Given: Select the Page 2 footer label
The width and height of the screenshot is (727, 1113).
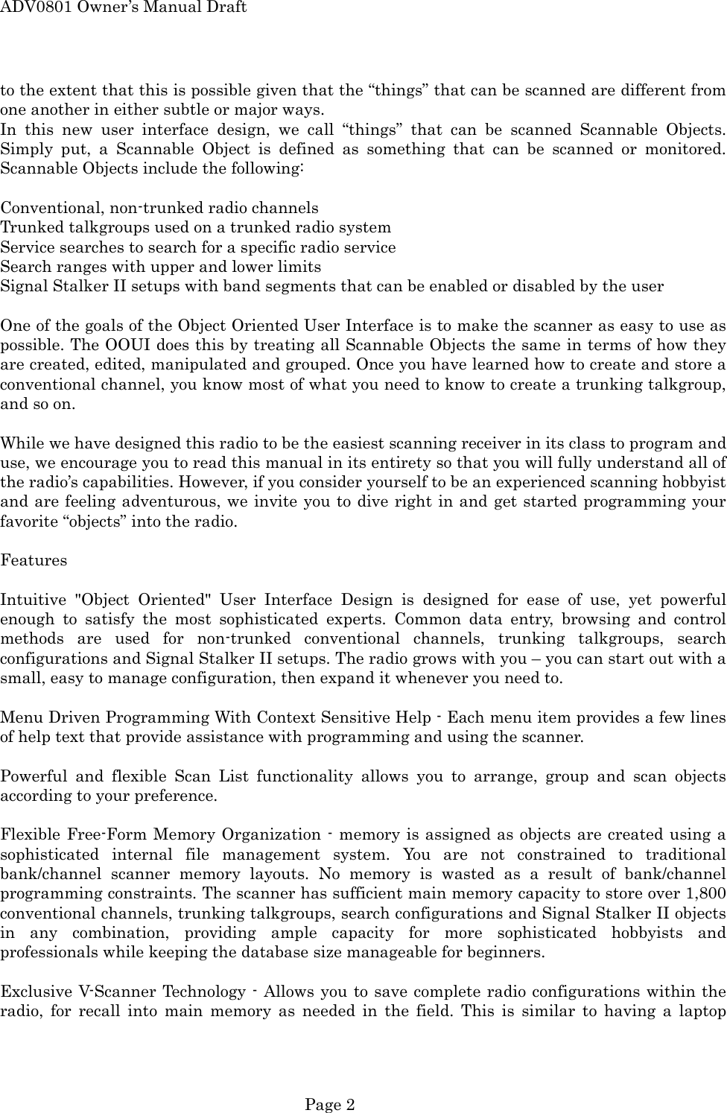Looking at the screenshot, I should [x=330, y=1105].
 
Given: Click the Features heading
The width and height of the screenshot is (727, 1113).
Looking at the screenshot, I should [x=34, y=560].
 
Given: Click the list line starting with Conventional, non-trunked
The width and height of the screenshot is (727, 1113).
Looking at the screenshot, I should [x=159, y=208].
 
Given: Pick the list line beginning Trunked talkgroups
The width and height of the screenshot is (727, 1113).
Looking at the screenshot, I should [x=195, y=227].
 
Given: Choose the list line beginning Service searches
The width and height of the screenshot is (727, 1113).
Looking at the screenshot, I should [x=198, y=247].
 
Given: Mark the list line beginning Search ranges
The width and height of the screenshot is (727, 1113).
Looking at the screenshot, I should [x=161, y=267].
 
